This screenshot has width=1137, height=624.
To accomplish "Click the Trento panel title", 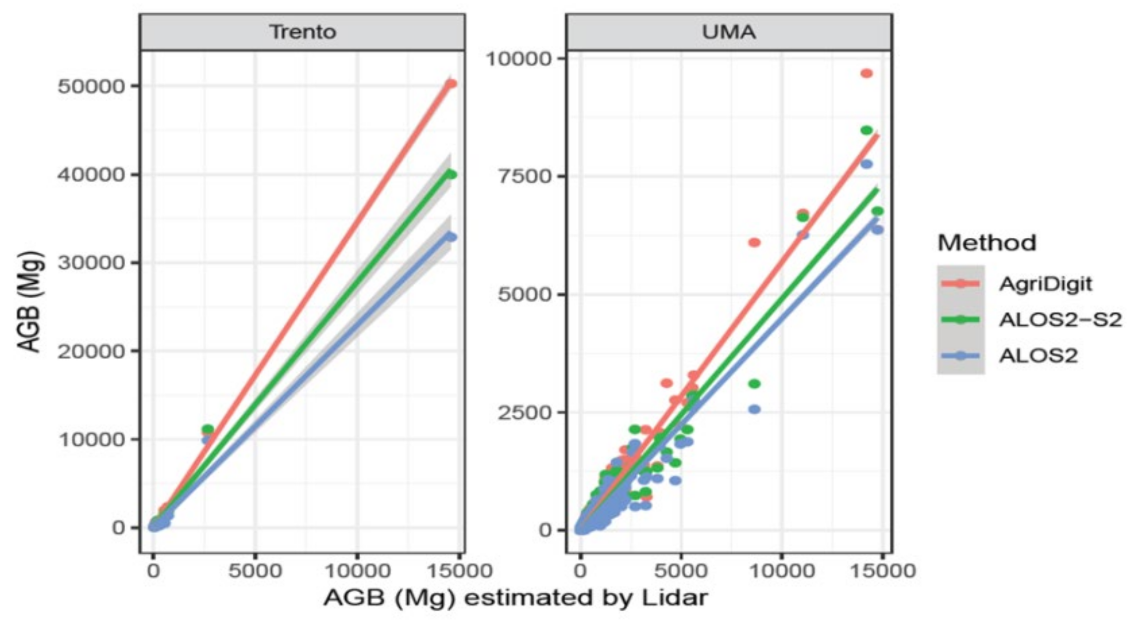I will click(x=302, y=32).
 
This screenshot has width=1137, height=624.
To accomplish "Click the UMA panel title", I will click(x=728, y=32).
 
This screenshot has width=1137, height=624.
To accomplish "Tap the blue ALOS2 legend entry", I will click(x=1038, y=356).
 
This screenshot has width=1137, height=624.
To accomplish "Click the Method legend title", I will click(x=987, y=243).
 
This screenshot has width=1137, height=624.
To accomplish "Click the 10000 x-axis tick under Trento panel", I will click(x=357, y=571).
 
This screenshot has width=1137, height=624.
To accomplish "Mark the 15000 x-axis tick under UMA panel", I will click(x=883, y=571).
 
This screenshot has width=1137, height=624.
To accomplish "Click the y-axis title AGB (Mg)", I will click(x=31, y=302).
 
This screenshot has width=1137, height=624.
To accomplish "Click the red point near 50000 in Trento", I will click(x=450, y=84).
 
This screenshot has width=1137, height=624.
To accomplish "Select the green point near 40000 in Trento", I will click(x=450, y=175).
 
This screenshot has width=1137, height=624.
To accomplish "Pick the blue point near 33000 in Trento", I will click(x=450, y=237).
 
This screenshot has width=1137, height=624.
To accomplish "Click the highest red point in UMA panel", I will click(x=866, y=74).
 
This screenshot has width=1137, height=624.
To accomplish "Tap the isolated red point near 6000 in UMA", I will click(x=754, y=243).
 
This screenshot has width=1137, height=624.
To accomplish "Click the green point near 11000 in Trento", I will click(x=208, y=429).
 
